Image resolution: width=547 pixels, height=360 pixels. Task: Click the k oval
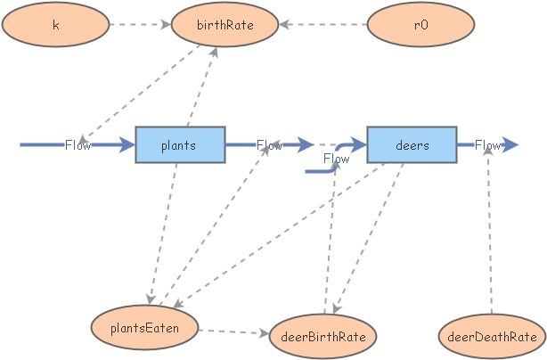click(x=55, y=25)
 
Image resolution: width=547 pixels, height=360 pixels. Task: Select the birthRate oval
click(x=225, y=25)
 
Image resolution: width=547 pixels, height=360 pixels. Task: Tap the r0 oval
click(x=421, y=25)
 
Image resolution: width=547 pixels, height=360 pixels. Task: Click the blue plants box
click(x=179, y=144)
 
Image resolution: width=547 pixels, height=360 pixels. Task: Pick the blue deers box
click(x=412, y=144)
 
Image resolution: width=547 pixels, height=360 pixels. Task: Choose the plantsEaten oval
click(x=144, y=328)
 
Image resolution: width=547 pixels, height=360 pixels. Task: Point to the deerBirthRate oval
click(x=323, y=335)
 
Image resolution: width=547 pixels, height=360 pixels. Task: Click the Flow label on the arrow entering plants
click(x=78, y=145)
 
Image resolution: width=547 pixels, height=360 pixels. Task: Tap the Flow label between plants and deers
click(x=269, y=145)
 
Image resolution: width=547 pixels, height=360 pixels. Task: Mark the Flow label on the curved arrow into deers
click(x=336, y=160)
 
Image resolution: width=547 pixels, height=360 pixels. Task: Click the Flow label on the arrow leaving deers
click(x=487, y=145)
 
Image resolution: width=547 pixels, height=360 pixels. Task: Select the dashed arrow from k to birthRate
click(x=138, y=25)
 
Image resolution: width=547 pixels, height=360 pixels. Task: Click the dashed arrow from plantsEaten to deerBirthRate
click(x=233, y=332)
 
